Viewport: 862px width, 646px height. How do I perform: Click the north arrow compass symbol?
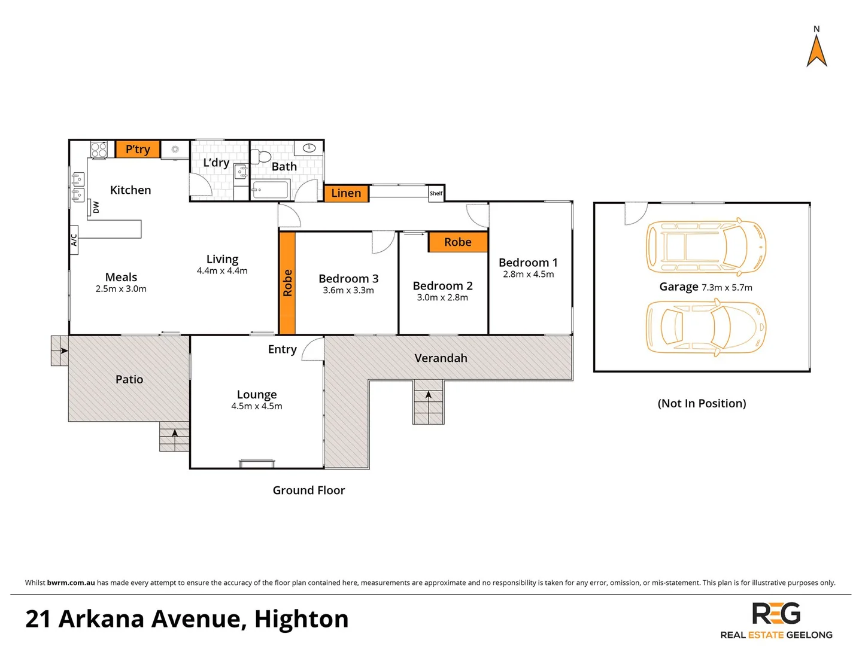(817, 50)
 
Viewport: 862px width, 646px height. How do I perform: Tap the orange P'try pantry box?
(138, 149)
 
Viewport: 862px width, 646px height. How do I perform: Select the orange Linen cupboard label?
(346, 193)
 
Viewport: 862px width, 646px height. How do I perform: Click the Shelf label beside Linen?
(436, 193)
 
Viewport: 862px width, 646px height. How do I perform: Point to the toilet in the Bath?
(261, 157)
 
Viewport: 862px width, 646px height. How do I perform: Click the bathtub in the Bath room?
(271, 191)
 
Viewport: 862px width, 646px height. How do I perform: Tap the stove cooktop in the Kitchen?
(99, 149)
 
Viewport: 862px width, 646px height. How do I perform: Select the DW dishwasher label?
(96, 207)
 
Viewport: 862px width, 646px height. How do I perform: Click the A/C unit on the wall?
(74, 240)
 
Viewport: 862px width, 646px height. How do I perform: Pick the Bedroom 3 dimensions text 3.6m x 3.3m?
(348, 291)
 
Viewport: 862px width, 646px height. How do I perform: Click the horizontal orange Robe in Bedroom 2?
(458, 242)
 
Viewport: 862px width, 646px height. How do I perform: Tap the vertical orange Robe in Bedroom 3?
(287, 283)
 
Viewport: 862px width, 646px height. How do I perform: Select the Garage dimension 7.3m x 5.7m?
(727, 288)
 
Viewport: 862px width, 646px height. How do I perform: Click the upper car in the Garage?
(706, 246)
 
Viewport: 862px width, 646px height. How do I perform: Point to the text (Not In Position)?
(702, 404)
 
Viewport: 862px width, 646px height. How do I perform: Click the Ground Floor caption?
(309, 490)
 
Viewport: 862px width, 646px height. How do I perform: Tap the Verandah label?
(441, 358)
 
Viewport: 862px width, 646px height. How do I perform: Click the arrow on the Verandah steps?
(429, 395)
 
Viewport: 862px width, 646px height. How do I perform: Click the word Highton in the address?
(301, 619)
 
